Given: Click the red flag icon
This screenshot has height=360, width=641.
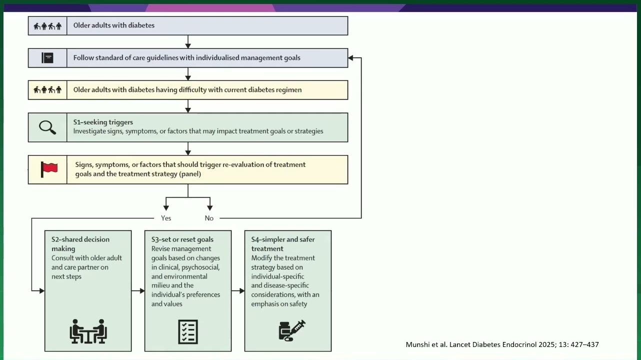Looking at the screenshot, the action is click(49, 169).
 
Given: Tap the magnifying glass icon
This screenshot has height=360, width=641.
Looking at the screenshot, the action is click(47, 127).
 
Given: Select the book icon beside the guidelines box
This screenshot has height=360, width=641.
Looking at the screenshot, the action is click(47, 58).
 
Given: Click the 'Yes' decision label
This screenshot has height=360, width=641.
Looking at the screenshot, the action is click(166, 218).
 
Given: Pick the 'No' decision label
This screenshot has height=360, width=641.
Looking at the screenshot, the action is click(209, 218).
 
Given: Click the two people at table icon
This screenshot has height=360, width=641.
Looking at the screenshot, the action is click(88, 331).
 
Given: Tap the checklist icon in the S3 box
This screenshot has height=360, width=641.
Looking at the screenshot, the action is click(188, 332).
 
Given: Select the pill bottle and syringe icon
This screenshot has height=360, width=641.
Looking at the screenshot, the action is click(292, 330).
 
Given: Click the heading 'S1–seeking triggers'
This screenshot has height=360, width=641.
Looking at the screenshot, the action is click(103, 122).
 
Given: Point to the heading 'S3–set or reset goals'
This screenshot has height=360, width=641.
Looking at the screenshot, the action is click(182, 239).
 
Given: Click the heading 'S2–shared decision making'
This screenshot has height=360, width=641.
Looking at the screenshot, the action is click(80, 244).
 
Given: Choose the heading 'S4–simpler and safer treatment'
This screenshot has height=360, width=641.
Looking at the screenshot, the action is click(282, 244).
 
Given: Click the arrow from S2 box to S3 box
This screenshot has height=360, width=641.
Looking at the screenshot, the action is click(138, 290).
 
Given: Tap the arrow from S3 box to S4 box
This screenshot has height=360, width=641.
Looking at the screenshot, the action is click(238, 290).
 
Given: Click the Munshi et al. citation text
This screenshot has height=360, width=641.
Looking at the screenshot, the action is click(502, 344).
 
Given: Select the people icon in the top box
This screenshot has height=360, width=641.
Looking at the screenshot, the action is click(47, 26).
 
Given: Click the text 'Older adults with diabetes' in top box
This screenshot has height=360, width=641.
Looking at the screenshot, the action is click(114, 25).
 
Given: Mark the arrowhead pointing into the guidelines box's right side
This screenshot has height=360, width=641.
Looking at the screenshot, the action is click(350, 58).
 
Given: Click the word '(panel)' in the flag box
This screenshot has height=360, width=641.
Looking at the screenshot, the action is click(190, 174).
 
